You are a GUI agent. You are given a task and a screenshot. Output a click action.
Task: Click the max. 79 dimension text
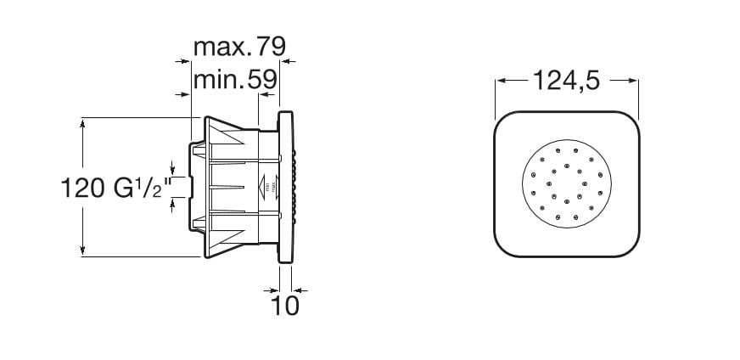tap(239, 45)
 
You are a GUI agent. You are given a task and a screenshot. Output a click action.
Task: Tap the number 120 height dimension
tap(83, 187)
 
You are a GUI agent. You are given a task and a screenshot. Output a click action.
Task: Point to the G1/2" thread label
tap(142, 187)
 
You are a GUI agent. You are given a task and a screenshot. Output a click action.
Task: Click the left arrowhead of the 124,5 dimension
tap(501, 81)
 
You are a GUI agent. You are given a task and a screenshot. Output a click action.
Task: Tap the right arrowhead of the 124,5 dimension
tap(632, 81)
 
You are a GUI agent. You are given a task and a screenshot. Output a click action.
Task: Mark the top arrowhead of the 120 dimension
tap(82, 122)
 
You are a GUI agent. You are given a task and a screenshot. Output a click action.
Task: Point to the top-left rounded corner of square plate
tap(507, 123)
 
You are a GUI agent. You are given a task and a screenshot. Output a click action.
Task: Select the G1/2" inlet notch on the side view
tap(193, 187)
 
